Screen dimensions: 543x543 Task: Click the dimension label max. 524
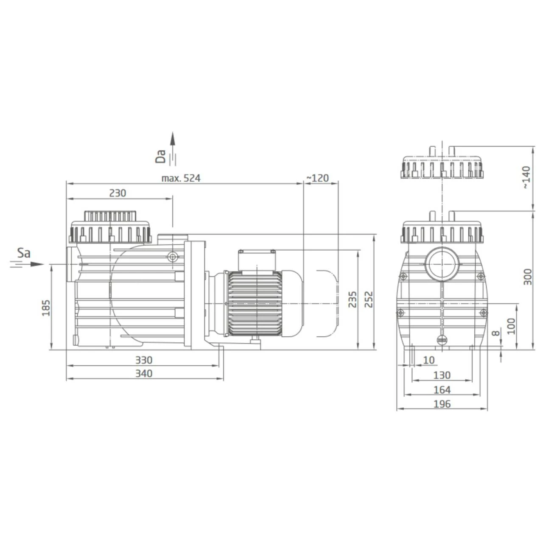[181, 178]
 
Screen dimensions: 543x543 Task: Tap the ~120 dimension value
[318, 178]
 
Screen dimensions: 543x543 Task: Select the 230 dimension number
[118, 193]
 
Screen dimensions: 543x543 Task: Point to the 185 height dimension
[46, 308]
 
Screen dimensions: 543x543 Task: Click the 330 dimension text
[144, 360]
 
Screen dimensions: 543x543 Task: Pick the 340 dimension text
[144, 373]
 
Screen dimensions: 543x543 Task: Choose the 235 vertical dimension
[352, 299]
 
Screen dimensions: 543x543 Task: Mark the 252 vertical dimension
[368, 299]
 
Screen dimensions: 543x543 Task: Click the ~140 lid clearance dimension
[526, 177]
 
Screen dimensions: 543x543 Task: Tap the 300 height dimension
[527, 277]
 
